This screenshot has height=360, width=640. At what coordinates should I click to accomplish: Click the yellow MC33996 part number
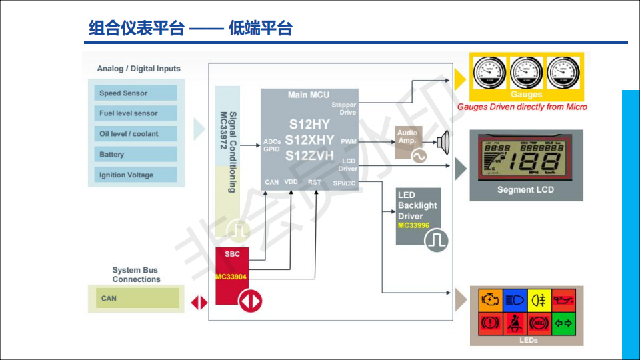[x=413, y=226]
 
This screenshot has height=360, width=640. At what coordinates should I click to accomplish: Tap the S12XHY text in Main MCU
[x=309, y=140]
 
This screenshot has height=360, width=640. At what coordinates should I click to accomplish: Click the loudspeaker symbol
[x=443, y=141]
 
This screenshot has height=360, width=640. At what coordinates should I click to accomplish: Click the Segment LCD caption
[x=525, y=190]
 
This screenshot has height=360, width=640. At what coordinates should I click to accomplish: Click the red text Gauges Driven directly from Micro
[x=522, y=107]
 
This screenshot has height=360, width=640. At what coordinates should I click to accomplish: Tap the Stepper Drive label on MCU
[x=344, y=109]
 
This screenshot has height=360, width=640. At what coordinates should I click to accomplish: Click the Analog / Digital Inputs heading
[x=139, y=69]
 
